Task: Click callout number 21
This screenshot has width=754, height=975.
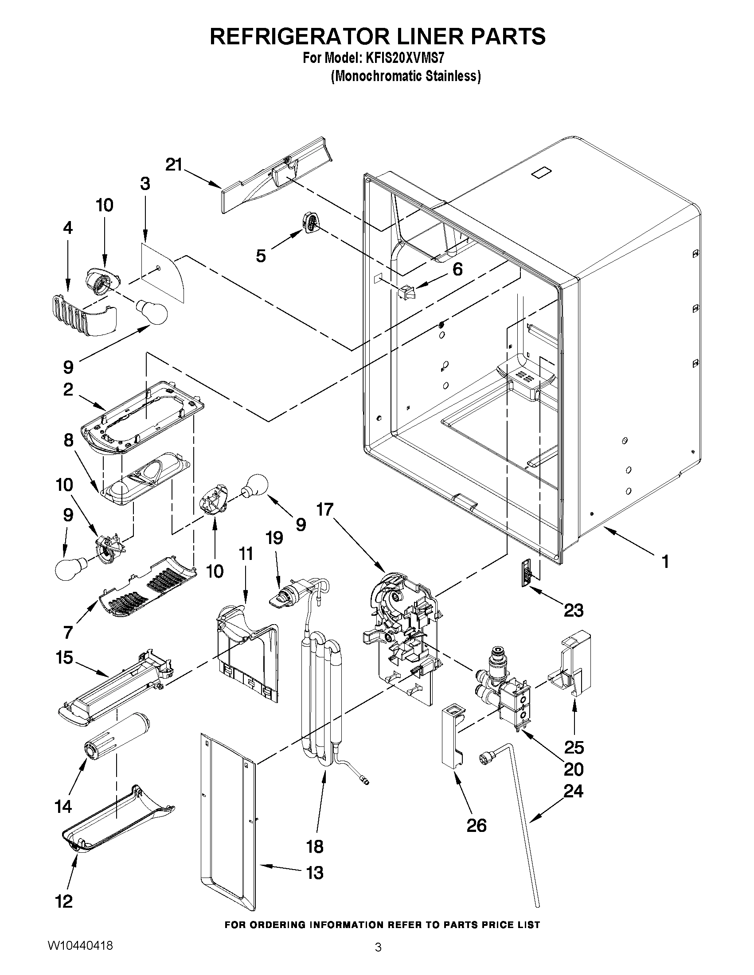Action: click(174, 165)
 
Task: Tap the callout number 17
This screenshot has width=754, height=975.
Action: click(325, 509)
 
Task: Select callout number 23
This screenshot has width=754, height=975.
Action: click(574, 610)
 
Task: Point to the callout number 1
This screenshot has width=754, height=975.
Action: click(665, 561)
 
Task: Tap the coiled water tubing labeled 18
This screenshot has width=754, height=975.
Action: click(321, 705)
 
